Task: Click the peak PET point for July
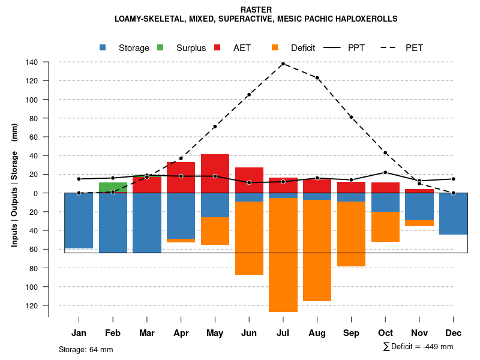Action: click(x=283, y=64)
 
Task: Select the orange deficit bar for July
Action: click(x=283, y=255)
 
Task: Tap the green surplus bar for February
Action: click(x=113, y=187)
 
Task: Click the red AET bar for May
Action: click(x=215, y=173)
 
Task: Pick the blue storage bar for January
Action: click(x=79, y=220)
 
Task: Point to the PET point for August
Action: click(x=317, y=78)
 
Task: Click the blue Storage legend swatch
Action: click(x=103, y=48)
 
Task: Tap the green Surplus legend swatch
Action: click(x=161, y=48)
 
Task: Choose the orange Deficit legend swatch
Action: click(x=275, y=48)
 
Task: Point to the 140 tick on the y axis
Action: click(x=32, y=62)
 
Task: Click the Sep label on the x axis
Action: click(x=352, y=333)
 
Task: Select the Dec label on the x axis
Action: click(x=454, y=333)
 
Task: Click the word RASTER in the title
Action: click(x=256, y=10)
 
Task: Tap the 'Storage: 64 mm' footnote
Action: click(x=86, y=349)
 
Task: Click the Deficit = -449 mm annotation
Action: click(x=418, y=347)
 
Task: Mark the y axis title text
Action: click(x=14, y=185)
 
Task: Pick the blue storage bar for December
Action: click(x=454, y=214)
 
